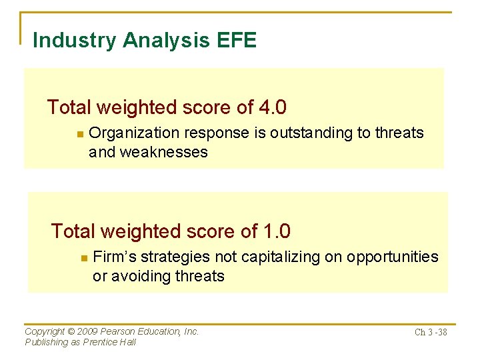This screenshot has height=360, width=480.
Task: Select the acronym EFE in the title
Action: click(x=236, y=41)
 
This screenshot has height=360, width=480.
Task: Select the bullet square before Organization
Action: click(x=79, y=134)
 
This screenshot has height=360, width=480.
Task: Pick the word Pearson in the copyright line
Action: click(x=121, y=331)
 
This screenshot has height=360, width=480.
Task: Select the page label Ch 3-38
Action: click(x=431, y=333)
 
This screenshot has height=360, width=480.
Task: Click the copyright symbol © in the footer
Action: click(x=72, y=331)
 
